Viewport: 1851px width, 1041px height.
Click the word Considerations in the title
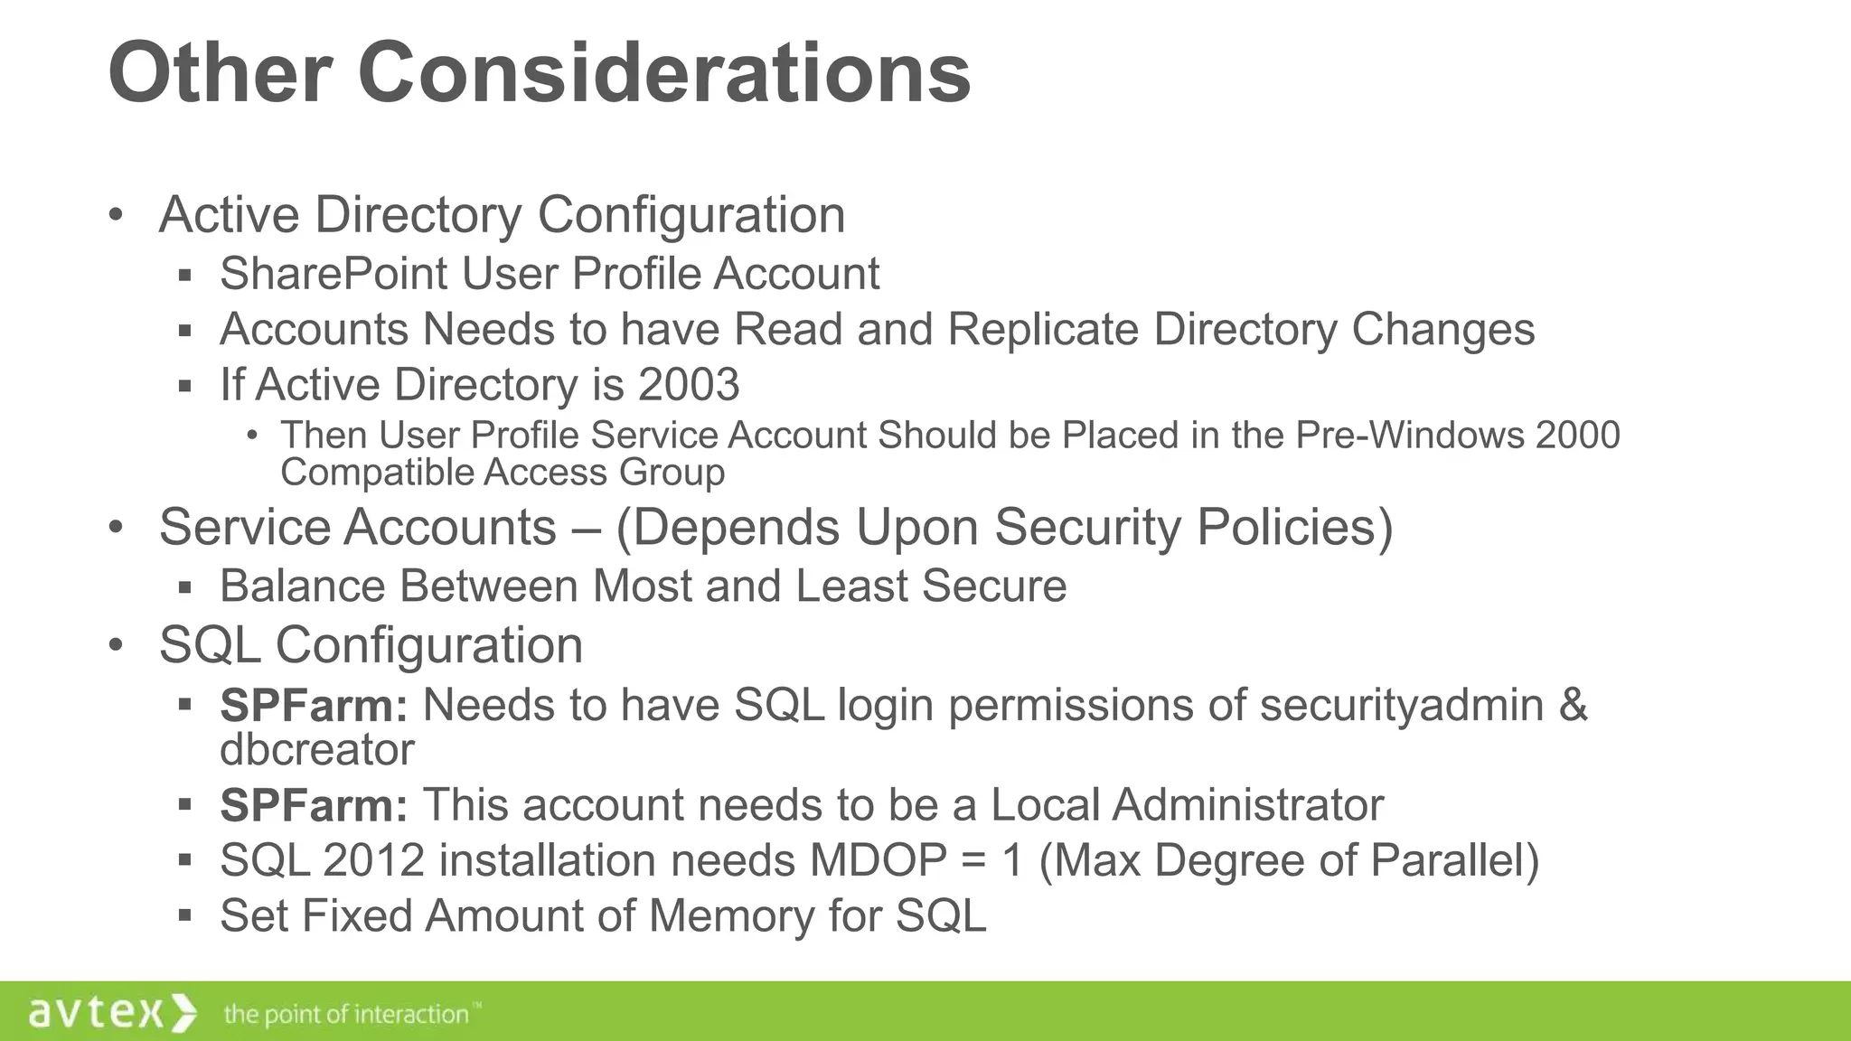664,74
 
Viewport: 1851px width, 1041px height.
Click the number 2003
689,385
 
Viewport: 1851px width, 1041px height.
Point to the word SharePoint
334,274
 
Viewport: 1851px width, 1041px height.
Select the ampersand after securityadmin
1573,705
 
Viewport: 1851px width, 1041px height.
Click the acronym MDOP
878,860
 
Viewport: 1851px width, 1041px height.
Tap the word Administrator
1247,805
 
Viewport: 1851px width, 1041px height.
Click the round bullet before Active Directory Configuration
115,215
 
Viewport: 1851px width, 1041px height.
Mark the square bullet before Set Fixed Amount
185,916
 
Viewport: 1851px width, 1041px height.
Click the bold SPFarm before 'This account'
314,805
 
